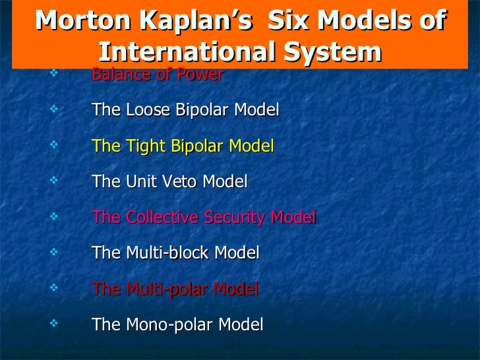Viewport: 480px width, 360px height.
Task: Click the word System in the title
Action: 334,51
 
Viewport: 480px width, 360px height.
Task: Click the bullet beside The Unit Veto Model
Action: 53,179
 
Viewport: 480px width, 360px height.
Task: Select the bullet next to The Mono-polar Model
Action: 53,321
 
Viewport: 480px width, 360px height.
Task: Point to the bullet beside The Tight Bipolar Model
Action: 53,143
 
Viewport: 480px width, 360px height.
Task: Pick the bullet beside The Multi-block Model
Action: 53,250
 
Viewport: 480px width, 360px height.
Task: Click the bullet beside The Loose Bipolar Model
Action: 53,107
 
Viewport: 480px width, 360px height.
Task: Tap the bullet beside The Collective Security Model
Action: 53,214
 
